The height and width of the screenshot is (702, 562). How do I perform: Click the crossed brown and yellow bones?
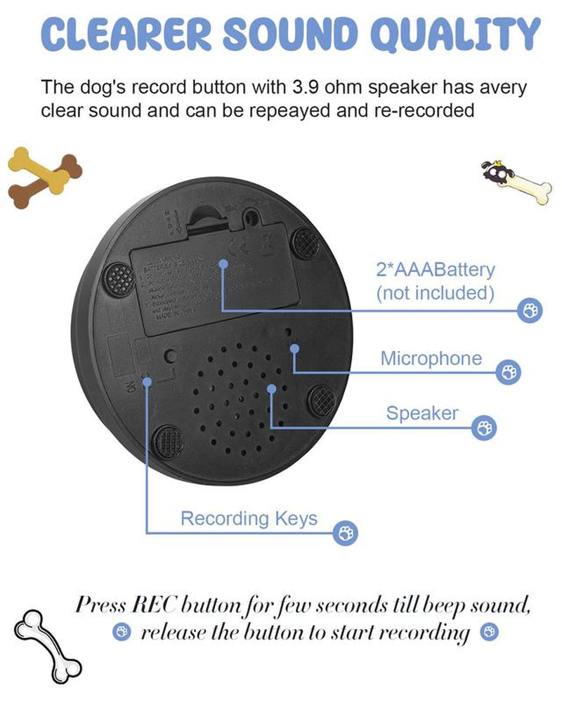tap(44, 177)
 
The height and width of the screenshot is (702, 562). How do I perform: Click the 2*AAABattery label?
tap(435, 270)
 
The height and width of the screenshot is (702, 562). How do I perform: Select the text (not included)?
tap(435, 293)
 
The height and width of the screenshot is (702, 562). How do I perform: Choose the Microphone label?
tap(431, 358)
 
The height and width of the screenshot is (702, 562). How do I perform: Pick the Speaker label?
tap(421, 413)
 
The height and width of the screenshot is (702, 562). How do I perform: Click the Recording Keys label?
tap(249, 519)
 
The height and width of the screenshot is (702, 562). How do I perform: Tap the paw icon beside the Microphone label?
tap(509, 373)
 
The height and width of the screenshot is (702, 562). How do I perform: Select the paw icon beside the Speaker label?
tap(483, 427)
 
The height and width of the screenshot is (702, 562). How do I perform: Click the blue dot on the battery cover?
tap(223, 264)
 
